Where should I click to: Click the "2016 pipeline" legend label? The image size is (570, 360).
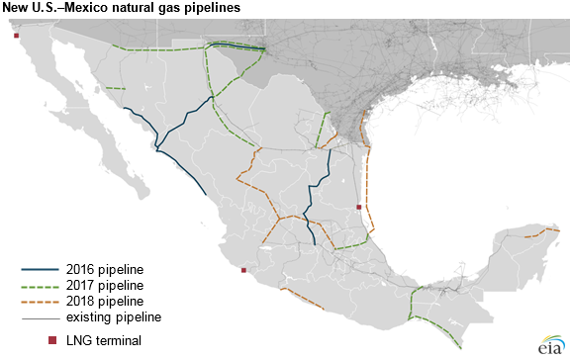point(105,268)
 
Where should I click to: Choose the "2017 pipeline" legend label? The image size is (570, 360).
point(105,284)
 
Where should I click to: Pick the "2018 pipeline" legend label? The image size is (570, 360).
point(105,300)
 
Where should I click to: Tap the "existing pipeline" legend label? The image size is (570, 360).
point(114,316)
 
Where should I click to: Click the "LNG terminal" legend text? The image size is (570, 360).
point(104,340)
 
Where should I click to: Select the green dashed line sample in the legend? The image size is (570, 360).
point(41,285)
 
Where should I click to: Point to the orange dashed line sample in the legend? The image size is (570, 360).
point(41,301)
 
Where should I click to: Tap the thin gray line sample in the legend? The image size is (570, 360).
point(41,316)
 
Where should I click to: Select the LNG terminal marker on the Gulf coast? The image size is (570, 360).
point(358,207)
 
